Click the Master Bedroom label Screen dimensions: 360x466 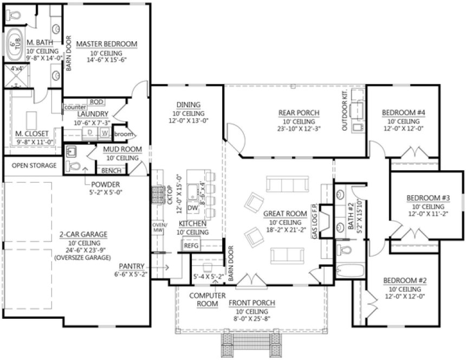[106, 44]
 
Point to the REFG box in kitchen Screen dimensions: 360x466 [191, 246]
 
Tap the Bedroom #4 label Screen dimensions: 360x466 [403, 113]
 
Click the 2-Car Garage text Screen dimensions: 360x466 [83, 235]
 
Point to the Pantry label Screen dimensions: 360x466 [132, 266]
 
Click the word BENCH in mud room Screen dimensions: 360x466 [111, 170]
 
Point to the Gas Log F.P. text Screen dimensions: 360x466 [314, 223]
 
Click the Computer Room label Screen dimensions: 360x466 [204, 300]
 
